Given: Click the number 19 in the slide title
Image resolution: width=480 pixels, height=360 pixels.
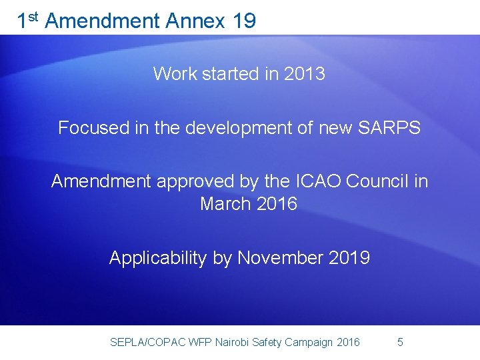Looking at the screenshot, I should pos(244,21).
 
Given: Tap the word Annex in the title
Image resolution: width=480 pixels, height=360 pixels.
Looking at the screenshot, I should pos(196,21).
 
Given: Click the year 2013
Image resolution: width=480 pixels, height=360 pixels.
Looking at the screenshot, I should pos(304,73).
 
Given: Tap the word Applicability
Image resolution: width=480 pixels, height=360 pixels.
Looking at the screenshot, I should pos(158,258).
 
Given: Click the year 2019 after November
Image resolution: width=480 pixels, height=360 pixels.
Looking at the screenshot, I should pos(349,258).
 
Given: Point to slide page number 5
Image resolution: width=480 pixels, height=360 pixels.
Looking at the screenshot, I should pos(400,342).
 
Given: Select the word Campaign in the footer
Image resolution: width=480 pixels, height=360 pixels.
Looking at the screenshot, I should pos(309,343).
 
